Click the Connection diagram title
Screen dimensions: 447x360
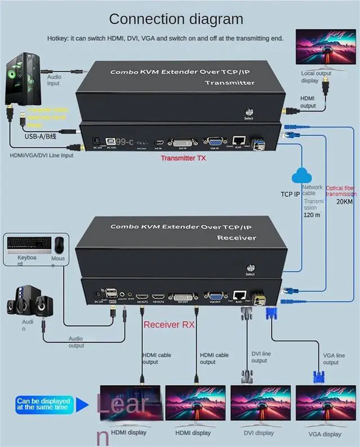tap(176, 19)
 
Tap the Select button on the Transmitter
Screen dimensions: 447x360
tap(249, 111)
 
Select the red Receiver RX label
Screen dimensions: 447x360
tap(169, 324)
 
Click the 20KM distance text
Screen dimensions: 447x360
tap(345, 201)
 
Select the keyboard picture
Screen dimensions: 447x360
tap(26, 245)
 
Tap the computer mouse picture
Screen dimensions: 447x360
tap(58, 244)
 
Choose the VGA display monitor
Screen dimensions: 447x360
tap(324, 404)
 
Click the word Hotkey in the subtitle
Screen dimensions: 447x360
tap(58, 38)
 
